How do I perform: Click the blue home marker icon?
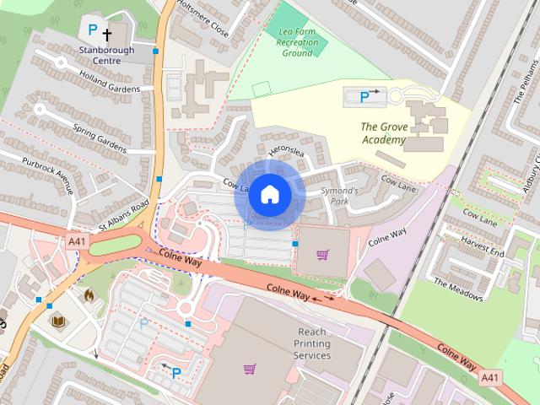point(269,194)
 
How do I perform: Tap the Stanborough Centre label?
point(107,50)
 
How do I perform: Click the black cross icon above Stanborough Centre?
point(107,35)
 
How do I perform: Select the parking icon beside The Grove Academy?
point(364,97)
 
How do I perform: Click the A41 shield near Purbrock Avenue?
point(76,241)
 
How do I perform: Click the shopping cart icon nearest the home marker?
point(322,254)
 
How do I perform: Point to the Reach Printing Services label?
point(311,343)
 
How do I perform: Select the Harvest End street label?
point(482,246)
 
